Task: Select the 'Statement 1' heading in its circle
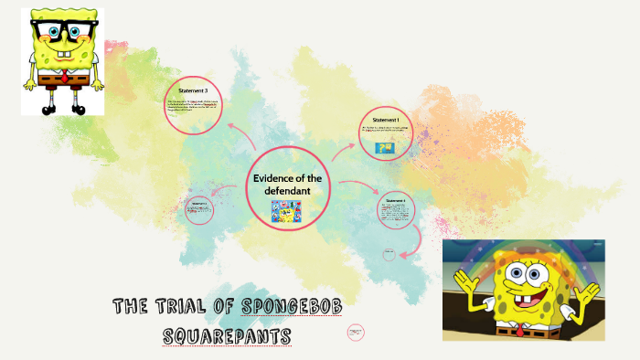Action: click(x=386, y=120)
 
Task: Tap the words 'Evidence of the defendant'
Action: click(x=286, y=183)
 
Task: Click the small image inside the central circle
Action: click(x=286, y=211)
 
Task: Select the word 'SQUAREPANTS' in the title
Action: click(x=227, y=336)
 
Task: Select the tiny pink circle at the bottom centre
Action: click(x=357, y=334)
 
